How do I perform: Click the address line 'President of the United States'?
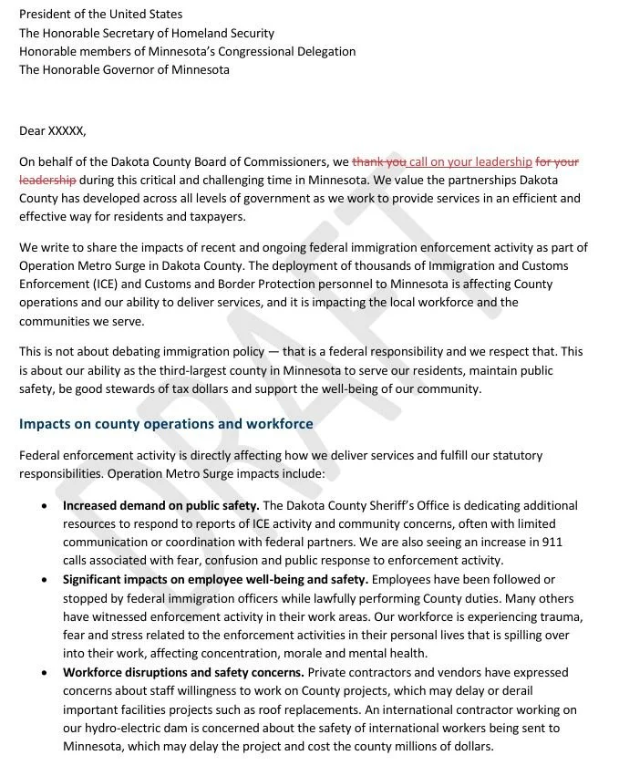click(100, 15)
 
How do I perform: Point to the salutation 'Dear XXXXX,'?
click(52, 130)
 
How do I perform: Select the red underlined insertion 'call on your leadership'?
click(470, 162)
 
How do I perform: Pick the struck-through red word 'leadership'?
click(47, 180)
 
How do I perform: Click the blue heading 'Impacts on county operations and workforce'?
click(166, 424)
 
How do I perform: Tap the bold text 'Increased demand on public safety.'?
click(161, 505)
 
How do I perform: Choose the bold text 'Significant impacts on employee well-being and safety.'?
click(215, 579)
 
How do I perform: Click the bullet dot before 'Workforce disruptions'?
click(45, 673)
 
